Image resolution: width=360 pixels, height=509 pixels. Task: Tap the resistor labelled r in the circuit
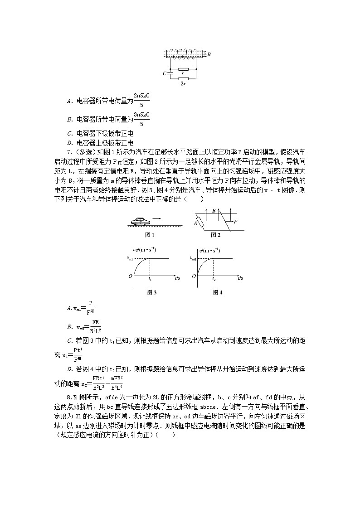click(x=183, y=70)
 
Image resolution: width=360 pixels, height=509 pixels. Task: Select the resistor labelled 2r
click(x=183, y=79)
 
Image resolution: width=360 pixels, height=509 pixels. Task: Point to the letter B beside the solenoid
click(x=209, y=54)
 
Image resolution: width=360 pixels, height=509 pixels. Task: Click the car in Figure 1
click(x=140, y=221)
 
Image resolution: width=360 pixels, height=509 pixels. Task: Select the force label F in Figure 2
click(x=235, y=222)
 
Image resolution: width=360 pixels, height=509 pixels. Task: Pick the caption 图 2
click(x=215, y=235)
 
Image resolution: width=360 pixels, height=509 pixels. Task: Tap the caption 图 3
click(x=152, y=292)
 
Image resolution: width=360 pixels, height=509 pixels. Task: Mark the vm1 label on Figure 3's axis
click(x=129, y=258)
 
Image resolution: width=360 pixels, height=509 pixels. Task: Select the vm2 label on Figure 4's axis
click(x=192, y=258)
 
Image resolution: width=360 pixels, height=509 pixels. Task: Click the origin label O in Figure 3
click(x=130, y=276)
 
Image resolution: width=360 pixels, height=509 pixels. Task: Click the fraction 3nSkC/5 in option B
click(x=141, y=119)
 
